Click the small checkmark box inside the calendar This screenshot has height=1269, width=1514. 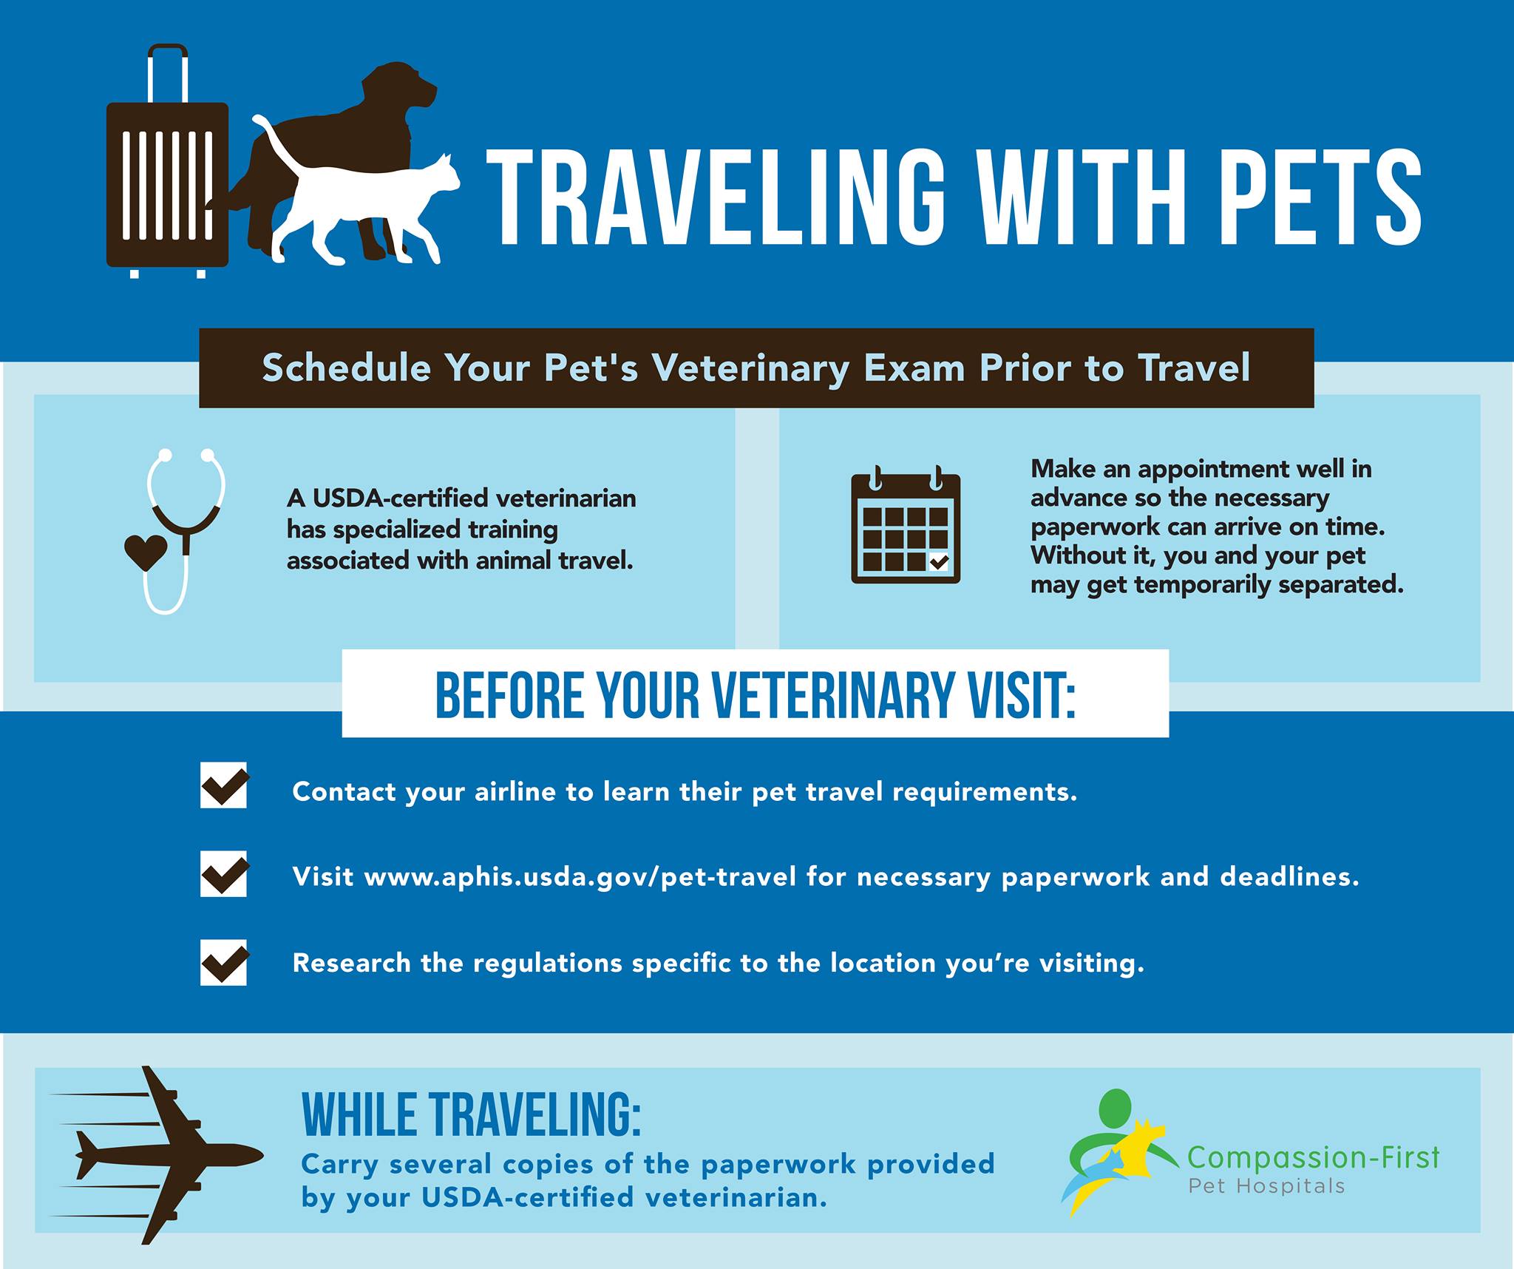938,562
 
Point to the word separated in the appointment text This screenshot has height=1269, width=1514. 1341,585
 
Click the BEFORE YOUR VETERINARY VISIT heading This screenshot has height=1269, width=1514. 755,695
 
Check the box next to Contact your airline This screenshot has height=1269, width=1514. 224,785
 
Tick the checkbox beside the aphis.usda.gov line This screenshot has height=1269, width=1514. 224,873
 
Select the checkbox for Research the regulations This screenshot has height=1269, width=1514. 224,962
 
